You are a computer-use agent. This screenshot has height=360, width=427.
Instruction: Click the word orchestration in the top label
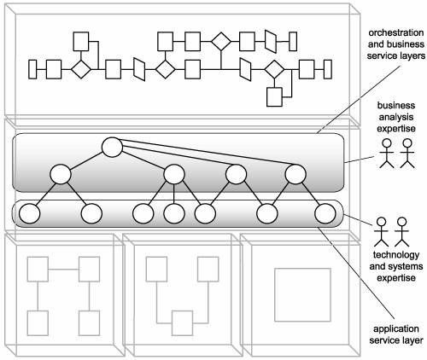[396, 33]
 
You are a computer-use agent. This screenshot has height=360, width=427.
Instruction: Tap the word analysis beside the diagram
[396, 117]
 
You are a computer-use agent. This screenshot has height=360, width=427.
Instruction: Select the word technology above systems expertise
[396, 255]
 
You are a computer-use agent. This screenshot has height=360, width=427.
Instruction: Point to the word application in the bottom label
[396, 329]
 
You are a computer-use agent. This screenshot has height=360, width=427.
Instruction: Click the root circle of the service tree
[112, 148]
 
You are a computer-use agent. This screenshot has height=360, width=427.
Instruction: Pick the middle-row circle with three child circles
[174, 174]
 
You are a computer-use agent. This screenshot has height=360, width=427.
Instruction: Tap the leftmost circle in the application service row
[30, 213]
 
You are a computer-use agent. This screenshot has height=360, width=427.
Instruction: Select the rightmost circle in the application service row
[325, 213]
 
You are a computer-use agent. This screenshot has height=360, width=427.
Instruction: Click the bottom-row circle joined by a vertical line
[174, 213]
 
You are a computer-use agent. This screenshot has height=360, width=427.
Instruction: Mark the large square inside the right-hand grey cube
[302, 294]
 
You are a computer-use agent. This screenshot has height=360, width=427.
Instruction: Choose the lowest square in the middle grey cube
[182, 323]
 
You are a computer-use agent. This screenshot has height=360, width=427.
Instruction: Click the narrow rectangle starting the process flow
[32, 69]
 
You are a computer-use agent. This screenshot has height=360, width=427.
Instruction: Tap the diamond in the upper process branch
[221, 42]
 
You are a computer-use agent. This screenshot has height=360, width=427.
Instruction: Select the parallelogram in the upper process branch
[271, 42]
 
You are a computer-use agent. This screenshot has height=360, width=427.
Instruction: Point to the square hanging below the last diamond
[274, 97]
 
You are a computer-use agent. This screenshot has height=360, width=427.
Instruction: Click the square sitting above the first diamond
[81, 42]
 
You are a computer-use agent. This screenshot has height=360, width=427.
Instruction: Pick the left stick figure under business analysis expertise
[387, 154]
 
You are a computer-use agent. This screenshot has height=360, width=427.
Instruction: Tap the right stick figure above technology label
[401, 232]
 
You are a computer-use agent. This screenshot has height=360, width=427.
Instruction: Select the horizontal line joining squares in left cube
[63, 270]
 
